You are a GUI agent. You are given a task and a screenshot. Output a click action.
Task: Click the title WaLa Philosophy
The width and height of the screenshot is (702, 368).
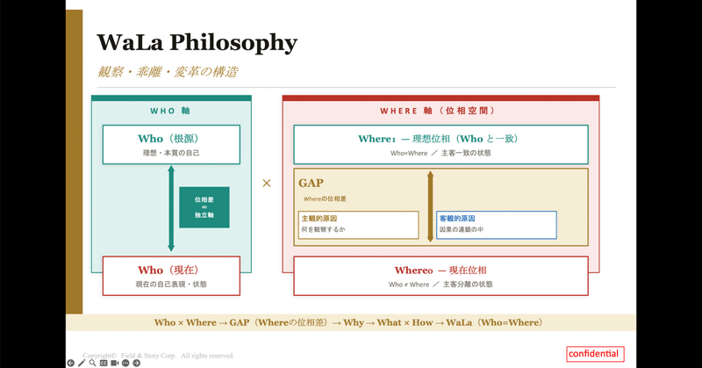[197, 42]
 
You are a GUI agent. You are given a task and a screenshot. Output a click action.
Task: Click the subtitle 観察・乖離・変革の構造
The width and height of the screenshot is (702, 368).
[167, 72]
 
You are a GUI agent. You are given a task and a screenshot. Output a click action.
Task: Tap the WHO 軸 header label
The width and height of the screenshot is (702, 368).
[170, 112]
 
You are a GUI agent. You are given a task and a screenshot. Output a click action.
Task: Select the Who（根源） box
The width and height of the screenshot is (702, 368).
[171, 144]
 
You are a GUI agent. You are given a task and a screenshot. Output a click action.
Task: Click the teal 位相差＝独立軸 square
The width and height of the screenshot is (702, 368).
[204, 207]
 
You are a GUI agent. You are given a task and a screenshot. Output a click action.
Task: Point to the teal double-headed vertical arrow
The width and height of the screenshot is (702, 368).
[171, 209]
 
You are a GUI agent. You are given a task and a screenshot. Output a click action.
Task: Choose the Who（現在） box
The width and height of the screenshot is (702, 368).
[171, 275]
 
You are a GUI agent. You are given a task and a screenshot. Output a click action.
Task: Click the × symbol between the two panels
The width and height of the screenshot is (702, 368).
[267, 184]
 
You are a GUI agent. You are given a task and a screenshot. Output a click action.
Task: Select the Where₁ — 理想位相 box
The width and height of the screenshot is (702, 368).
[441, 144]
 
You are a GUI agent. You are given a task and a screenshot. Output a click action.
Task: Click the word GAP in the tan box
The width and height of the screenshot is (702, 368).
[312, 183]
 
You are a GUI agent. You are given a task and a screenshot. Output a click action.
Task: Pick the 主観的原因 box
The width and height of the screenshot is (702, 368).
[358, 224]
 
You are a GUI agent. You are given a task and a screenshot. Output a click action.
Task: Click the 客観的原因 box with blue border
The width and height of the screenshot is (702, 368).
[496, 224]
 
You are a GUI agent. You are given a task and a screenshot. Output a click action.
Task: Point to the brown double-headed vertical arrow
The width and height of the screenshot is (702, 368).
[429, 207]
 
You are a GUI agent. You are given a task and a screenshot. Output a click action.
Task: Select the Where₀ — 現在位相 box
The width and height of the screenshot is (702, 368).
[441, 275]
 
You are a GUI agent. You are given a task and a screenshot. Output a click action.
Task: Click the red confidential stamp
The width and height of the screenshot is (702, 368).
[594, 354]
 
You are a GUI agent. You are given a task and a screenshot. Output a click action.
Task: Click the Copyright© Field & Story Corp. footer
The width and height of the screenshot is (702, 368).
[159, 355]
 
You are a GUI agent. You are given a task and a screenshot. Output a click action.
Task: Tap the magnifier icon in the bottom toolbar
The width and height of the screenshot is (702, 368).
[93, 363]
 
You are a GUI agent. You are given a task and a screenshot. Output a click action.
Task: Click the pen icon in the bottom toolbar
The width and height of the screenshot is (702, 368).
[82, 363]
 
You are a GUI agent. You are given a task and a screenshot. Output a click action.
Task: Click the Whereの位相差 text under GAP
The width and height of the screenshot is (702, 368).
[326, 199]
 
